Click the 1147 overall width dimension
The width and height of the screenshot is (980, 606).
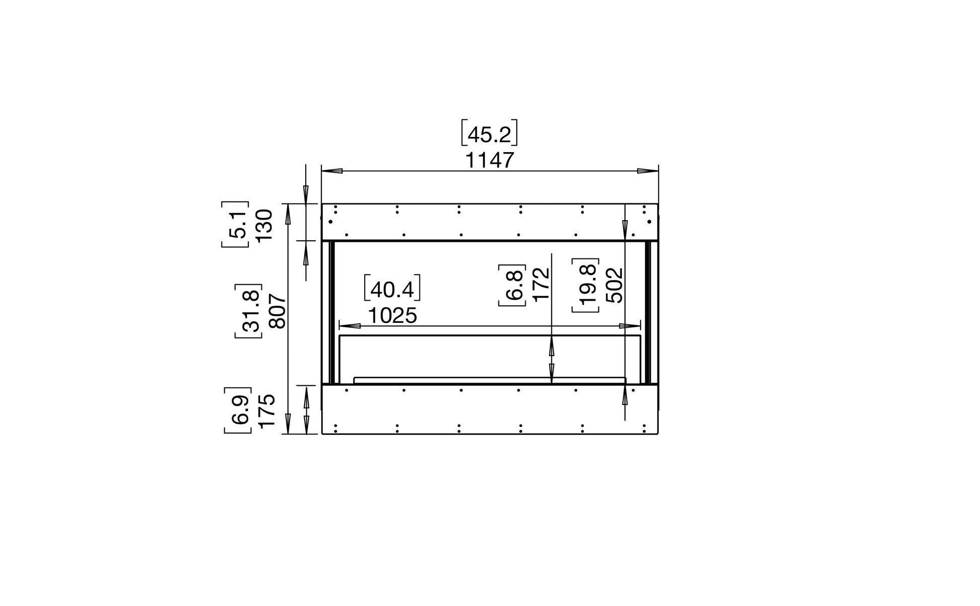[489, 160]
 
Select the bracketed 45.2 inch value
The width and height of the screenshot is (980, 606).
[489, 133]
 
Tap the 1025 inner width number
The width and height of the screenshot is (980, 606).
[392, 316]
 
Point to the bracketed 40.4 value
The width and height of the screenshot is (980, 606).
[392, 289]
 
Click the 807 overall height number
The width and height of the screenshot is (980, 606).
[278, 311]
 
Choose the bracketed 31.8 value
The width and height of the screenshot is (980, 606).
[248, 311]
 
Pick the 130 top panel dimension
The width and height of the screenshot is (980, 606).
[264, 225]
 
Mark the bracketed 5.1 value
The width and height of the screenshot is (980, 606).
[235, 225]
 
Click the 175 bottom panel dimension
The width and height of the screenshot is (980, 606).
[267, 411]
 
